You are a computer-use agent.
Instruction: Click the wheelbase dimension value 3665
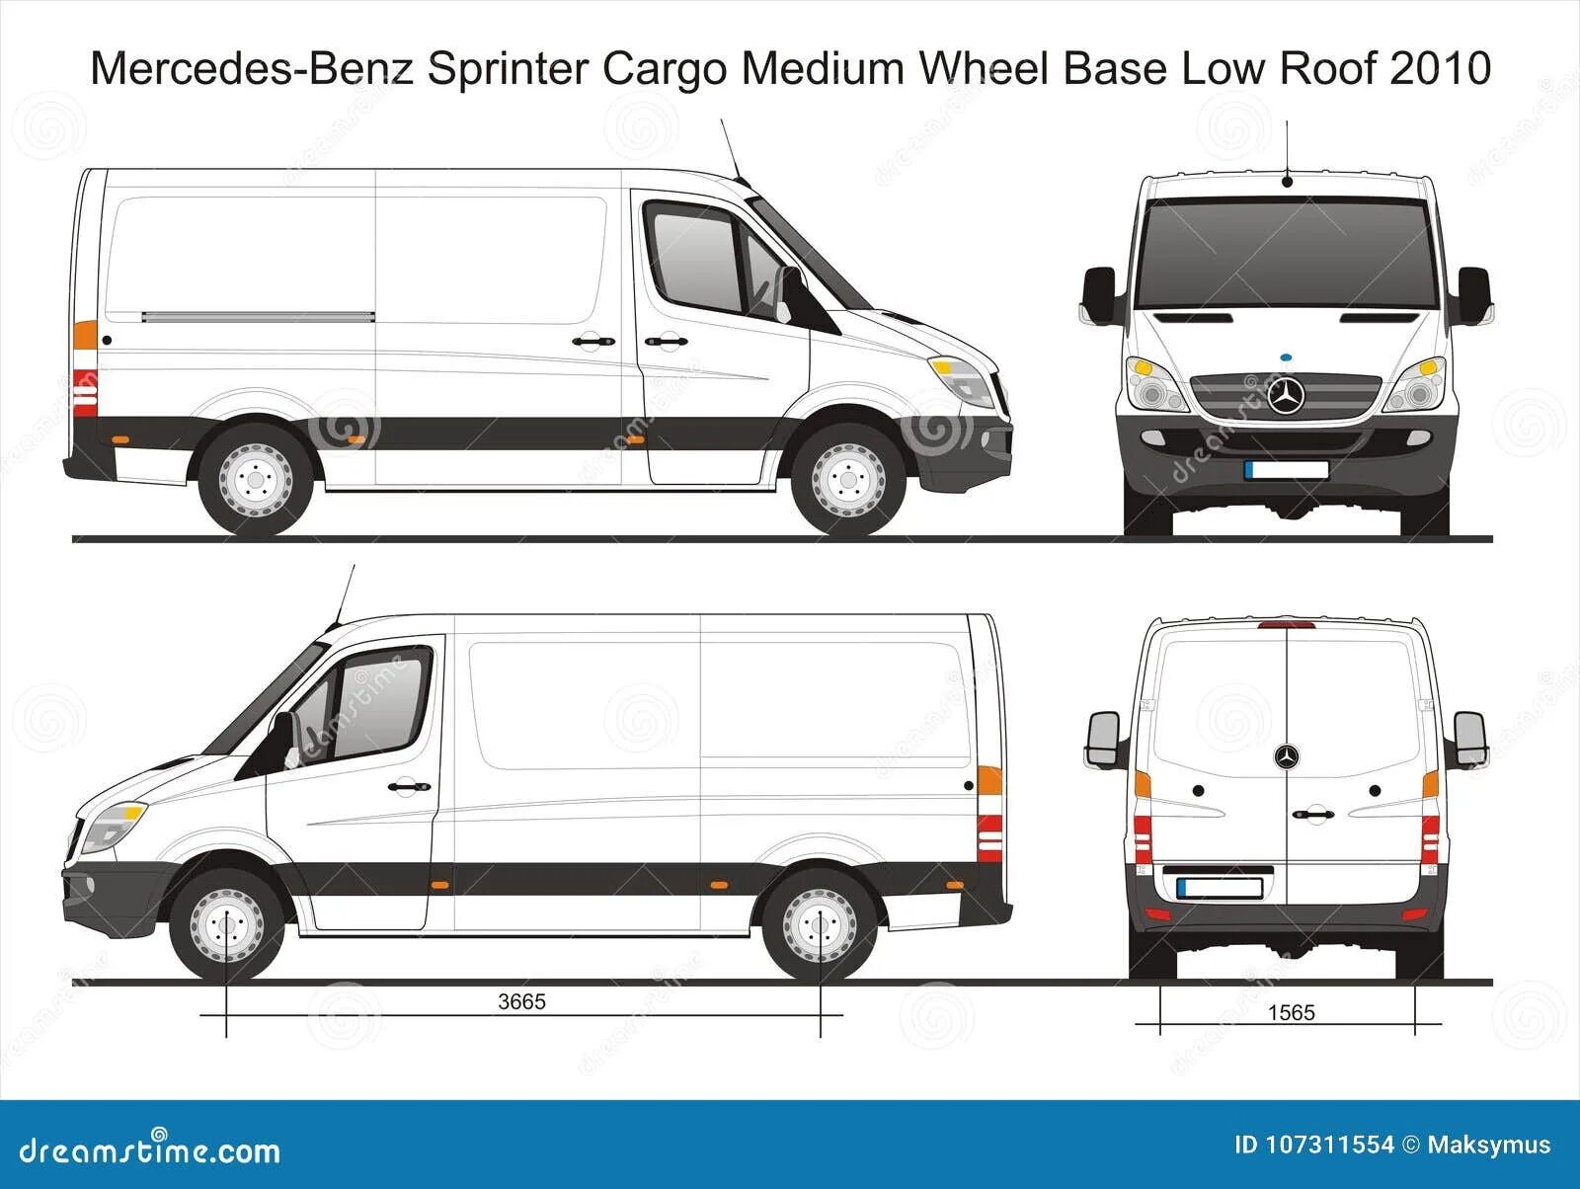click(521, 1001)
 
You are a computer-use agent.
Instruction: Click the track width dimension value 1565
click(1292, 1012)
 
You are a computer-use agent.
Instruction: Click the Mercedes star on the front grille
click(1287, 396)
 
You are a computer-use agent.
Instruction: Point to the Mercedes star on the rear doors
click(1287, 757)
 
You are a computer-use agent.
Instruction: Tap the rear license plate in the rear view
click(1221, 886)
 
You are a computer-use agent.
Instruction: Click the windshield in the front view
click(1287, 252)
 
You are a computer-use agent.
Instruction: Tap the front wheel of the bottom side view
click(227, 925)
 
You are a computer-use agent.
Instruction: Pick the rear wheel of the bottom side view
click(820, 925)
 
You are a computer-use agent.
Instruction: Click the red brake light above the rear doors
click(1287, 624)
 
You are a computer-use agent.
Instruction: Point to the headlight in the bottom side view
click(112, 826)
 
